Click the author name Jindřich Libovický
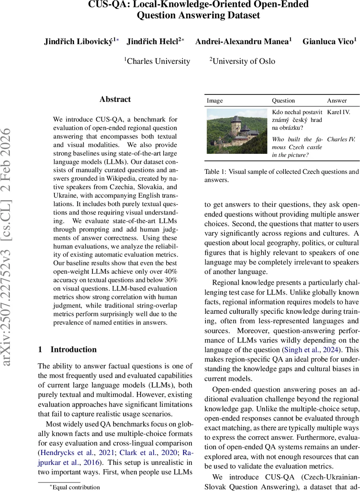78,41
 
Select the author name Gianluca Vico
328,41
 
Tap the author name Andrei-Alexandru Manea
242,41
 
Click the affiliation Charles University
158,61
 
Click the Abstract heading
115,99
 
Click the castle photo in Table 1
236,131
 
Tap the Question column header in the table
283,101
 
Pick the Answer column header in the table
337,101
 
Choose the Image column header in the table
215,101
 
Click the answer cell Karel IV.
338,112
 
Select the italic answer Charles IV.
341,140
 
